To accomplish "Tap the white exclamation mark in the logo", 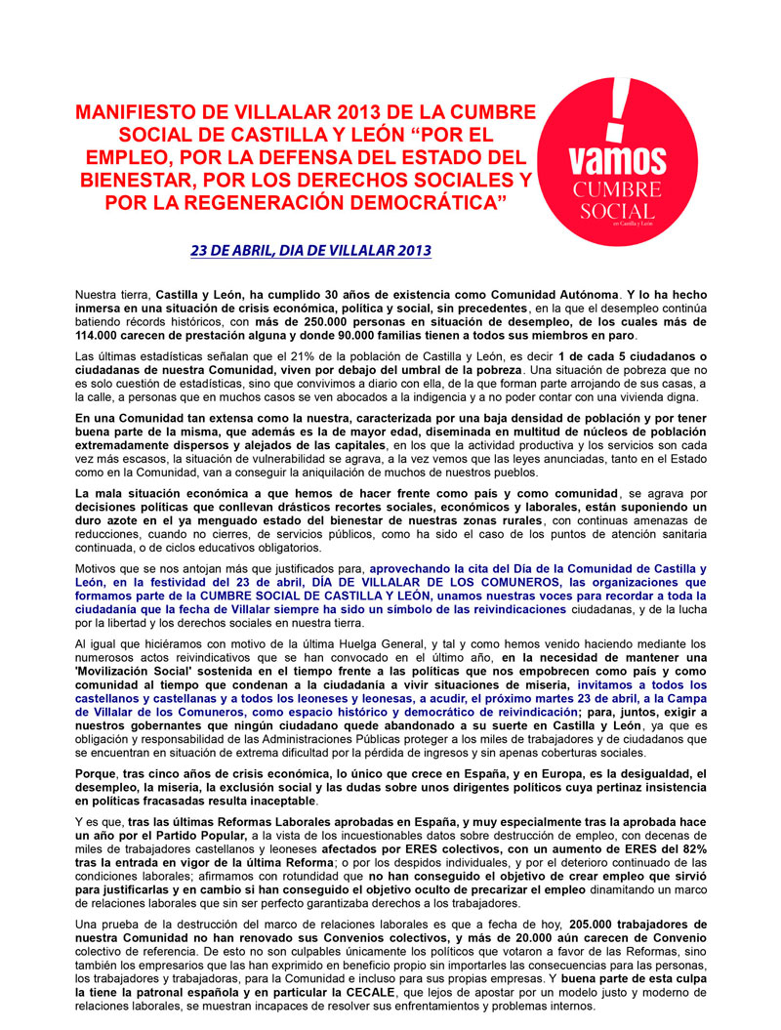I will tap(616, 107).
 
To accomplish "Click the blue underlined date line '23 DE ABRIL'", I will tap(310, 251).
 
